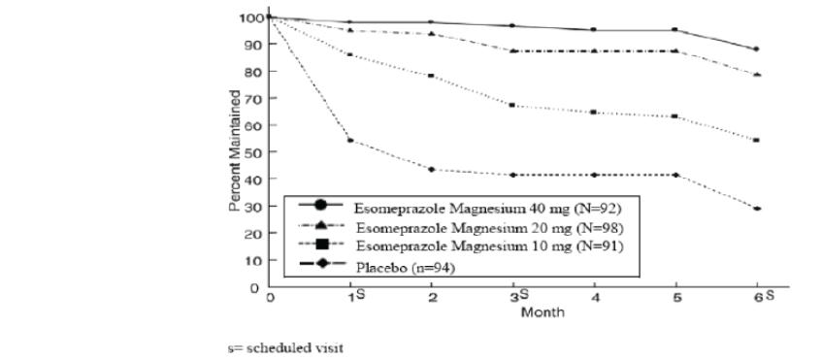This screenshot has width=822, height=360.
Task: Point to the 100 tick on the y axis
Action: click(250, 17)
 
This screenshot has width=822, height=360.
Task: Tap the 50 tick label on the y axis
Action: click(253, 152)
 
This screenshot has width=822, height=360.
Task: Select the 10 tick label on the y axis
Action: click(253, 260)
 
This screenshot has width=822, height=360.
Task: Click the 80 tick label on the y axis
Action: click(253, 72)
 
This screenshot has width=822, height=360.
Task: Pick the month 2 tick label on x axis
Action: click(431, 300)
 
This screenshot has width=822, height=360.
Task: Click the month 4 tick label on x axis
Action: click(593, 300)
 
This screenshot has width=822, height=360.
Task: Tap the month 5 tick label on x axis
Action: click(674, 300)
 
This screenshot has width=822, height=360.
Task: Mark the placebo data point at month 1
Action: click(349, 141)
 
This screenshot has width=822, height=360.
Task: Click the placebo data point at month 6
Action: click(756, 209)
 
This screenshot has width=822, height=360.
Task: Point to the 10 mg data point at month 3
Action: click(511, 105)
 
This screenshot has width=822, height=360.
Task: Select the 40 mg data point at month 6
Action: click(756, 49)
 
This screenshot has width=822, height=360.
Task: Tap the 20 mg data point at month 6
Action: click(756, 75)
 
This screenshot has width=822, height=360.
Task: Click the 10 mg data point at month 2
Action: click(431, 76)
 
